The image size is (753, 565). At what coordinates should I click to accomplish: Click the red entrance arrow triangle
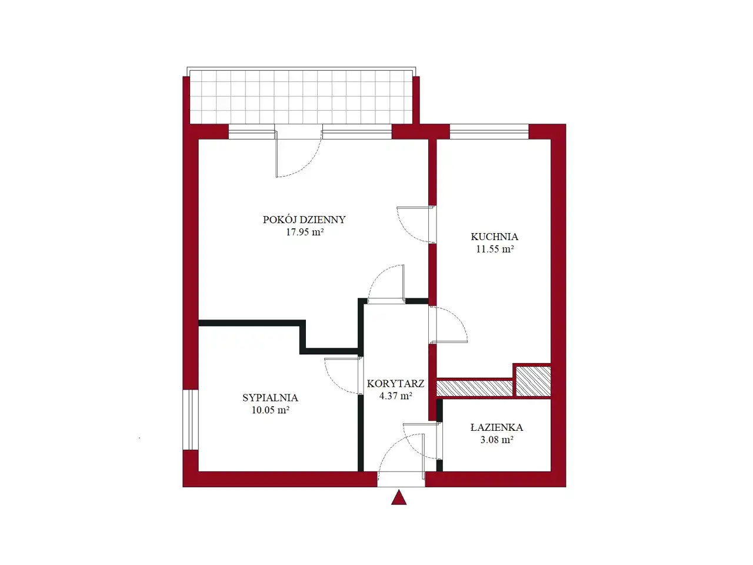pyautogui.click(x=399, y=498)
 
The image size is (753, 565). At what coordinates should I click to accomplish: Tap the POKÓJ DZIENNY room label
pyautogui.click(x=304, y=220)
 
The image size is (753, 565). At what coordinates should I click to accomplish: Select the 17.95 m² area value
pyautogui.click(x=305, y=232)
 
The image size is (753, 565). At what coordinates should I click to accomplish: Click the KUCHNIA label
pyautogui.click(x=494, y=237)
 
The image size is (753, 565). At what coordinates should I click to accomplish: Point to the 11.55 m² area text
pyautogui.click(x=494, y=250)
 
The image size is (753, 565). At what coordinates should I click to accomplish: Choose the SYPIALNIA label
pyautogui.click(x=270, y=398)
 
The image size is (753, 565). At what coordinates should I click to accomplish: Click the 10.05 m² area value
pyautogui.click(x=271, y=410)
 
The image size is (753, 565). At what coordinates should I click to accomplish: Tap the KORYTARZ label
pyautogui.click(x=395, y=384)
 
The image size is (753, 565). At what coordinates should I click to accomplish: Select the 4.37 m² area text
pyautogui.click(x=395, y=396)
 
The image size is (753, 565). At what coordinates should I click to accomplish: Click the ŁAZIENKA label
pyautogui.click(x=497, y=427)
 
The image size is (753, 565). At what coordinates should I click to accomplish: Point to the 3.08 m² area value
pyautogui.click(x=497, y=440)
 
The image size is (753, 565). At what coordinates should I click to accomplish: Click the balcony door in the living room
pyautogui.click(x=298, y=150)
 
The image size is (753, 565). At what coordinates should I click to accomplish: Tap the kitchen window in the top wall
pyautogui.click(x=489, y=132)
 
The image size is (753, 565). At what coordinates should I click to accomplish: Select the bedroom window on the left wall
pyautogui.click(x=191, y=420)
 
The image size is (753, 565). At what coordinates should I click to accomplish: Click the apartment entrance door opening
pyautogui.click(x=401, y=479)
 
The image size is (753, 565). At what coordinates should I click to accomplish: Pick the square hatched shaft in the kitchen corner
pyautogui.click(x=534, y=381)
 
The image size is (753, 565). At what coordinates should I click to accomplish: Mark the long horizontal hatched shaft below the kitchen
pyautogui.click(x=474, y=388)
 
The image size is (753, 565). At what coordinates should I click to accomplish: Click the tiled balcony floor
pyautogui.click(x=301, y=97)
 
